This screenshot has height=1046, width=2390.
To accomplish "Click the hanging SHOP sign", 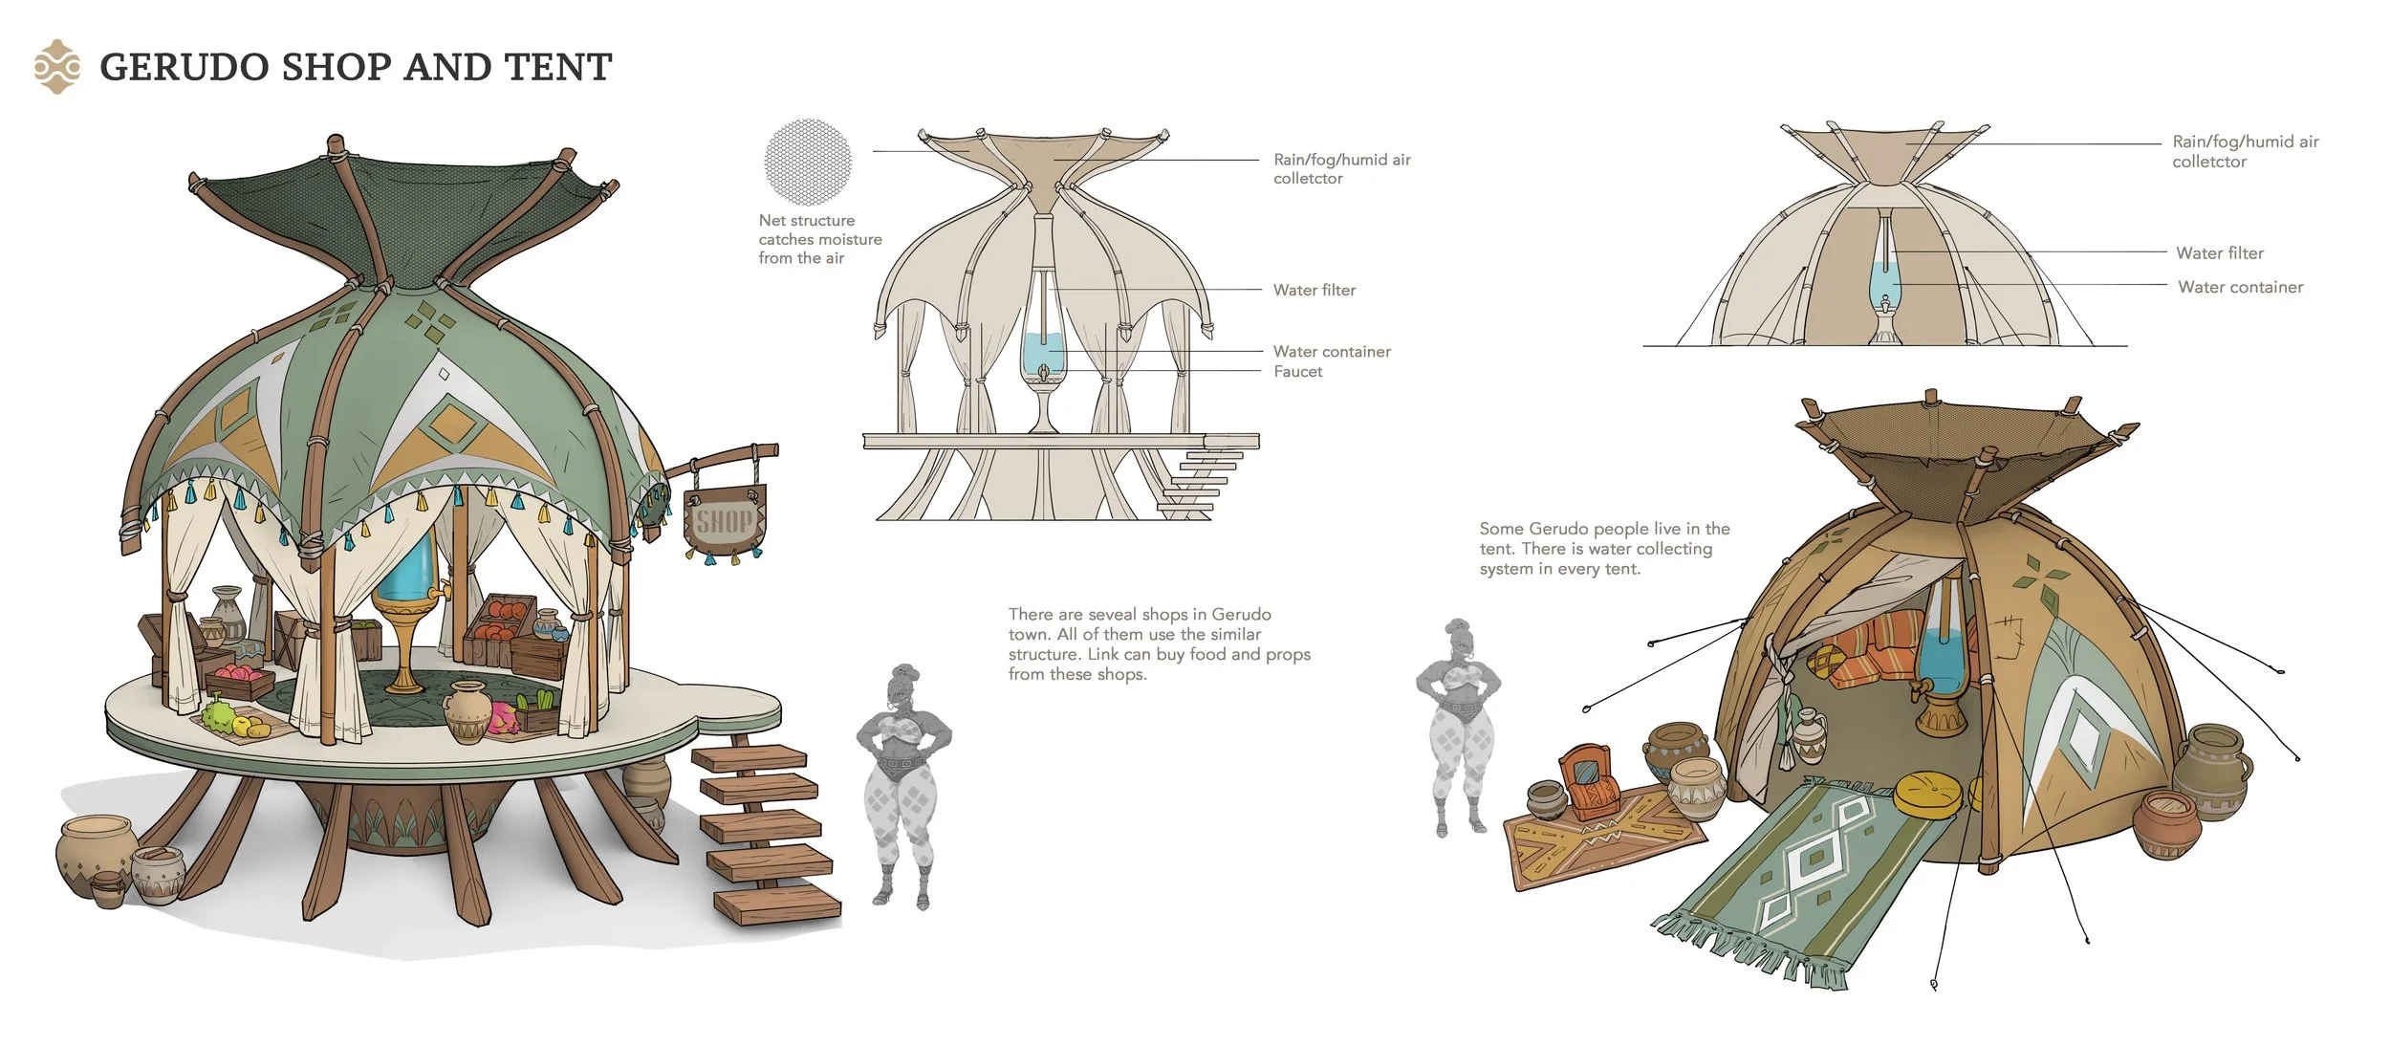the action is (x=725, y=521).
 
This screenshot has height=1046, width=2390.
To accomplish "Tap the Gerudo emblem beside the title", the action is (x=56, y=67).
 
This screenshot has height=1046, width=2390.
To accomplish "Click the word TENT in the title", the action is (x=557, y=67).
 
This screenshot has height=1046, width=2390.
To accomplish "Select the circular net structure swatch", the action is (x=808, y=162).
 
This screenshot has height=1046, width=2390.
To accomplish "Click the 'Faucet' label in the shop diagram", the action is (x=1297, y=372).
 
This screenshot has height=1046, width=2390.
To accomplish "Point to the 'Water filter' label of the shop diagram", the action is (x=1314, y=291).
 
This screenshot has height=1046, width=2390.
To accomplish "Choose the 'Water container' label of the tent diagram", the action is (x=2240, y=287).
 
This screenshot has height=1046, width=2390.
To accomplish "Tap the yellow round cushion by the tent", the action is (x=1926, y=793).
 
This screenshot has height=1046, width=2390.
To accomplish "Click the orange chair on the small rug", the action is (x=1589, y=782).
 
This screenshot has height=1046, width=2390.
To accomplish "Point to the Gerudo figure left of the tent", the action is (x=1457, y=727).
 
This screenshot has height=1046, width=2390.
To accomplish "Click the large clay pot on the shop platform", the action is (x=467, y=712).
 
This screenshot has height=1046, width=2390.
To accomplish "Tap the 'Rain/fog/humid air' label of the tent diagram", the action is (x=2245, y=142).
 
